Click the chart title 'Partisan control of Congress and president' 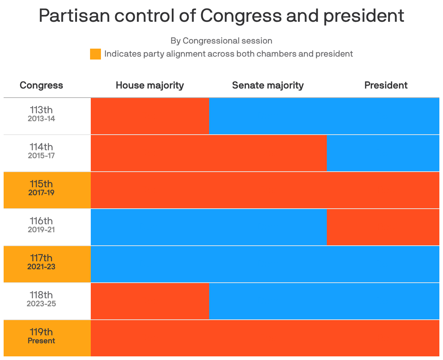221,16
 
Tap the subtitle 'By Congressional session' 221,41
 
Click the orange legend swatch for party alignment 95,54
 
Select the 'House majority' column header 150,85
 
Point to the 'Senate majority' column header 268,85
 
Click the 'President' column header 386,85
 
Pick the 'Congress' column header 41,85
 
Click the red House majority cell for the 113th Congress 150,116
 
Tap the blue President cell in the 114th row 383,153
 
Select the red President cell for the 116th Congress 383,227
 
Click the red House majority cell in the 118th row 150,301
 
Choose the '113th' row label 41,110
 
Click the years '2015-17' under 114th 41,156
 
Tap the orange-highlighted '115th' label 41,184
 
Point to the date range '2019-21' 41,230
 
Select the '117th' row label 41,258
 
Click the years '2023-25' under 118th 41,304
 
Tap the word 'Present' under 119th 41,341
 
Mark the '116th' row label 41,221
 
